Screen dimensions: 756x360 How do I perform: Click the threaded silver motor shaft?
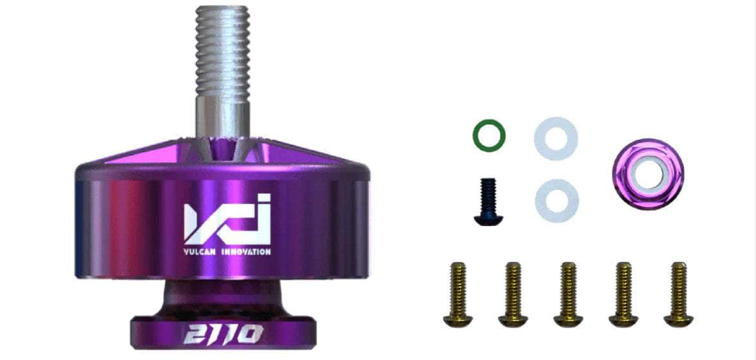tap(222, 73)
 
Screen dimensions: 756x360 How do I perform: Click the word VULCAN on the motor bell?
tap(199, 252)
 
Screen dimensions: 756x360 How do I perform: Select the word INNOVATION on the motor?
tap(246, 252)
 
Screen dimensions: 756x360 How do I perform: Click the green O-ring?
tap(489, 135)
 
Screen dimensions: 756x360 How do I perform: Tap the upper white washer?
tap(556, 139)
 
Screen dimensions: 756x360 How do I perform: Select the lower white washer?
tap(557, 201)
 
